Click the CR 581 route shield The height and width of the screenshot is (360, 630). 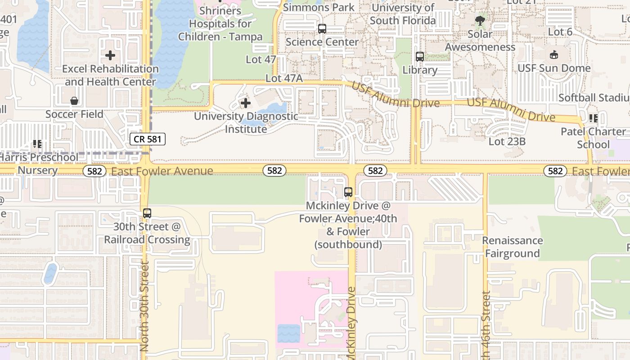point(148,139)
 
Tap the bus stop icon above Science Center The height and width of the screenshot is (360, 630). point(322,29)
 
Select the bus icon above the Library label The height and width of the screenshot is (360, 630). point(420,57)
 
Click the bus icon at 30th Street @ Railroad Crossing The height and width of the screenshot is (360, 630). point(147,213)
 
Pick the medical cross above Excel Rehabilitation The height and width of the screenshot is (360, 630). point(110,55)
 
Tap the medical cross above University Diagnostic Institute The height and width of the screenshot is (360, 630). point(246,103)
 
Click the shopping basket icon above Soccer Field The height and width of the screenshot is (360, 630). point(74,101)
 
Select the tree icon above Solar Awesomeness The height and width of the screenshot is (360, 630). point(480,20)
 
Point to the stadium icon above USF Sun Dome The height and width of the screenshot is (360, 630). point(554,55)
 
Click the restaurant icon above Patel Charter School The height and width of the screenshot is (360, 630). point(594,118)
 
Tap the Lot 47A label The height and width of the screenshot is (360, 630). point(284,78)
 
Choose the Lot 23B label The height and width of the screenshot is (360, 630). point(507,142)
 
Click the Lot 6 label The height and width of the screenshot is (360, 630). point(560,32)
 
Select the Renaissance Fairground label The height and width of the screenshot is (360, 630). point(512,247)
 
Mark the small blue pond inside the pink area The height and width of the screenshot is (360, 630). point(288,333)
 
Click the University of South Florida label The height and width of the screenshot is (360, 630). point(403,14)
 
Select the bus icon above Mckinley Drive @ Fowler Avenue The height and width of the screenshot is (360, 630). point(348,192)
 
